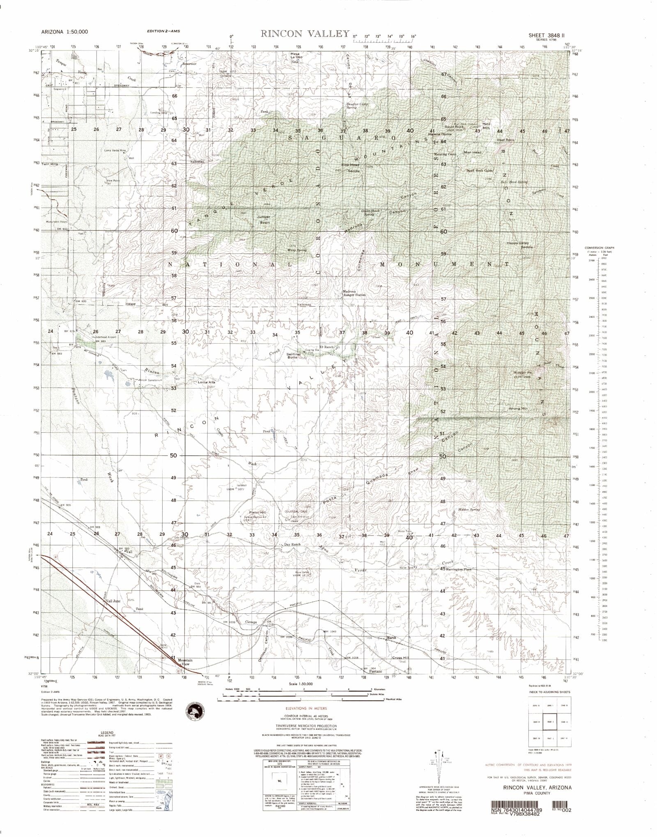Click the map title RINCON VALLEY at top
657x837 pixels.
click(x=305, y=34)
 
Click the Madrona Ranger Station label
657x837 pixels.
click(x=354, y=293)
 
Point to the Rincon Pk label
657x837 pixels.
click(x=523, y=372)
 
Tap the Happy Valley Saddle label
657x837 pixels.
click(x=520, y=245)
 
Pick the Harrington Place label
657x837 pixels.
click(x=462, y=569)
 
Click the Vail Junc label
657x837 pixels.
click(x=113, y=601)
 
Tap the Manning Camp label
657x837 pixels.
click(x=446, y=154)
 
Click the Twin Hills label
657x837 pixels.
click(x=50, y=164)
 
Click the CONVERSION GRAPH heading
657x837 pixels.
click(x=600, y=248)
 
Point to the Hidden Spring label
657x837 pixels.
click(x=469, y=510)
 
